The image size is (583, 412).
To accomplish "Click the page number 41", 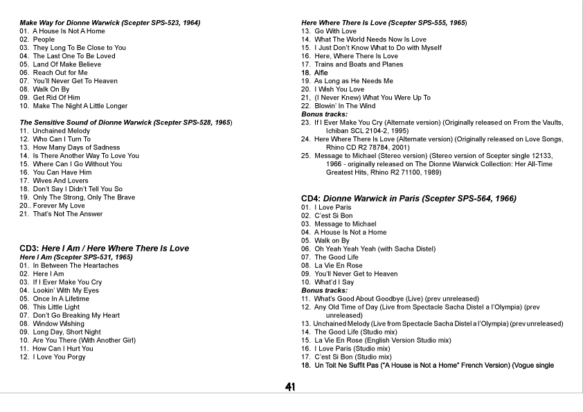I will pyautogui.click(x=290, y=386).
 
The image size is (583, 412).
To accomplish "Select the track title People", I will pyautogui.click(x=44, y=39).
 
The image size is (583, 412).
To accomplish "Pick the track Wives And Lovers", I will pyautogui.click(x=60, y=181).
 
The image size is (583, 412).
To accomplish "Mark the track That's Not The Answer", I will pyautogui.click(x=67, y=214).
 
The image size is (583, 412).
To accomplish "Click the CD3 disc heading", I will pyautogui.click(x=104, y=248).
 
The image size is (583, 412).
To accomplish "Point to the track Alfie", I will pyautogui.click(x=321, y=73).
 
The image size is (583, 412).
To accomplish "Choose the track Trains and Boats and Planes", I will pyautogui.click(x=358, y=64).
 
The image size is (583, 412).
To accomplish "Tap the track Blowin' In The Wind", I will pyautogui.click(x=345, y=106).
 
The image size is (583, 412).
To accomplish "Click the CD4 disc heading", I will pyautogui.click(x=409, y=198).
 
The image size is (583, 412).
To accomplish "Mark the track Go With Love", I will pyautogui.click(x=335, y=31).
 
